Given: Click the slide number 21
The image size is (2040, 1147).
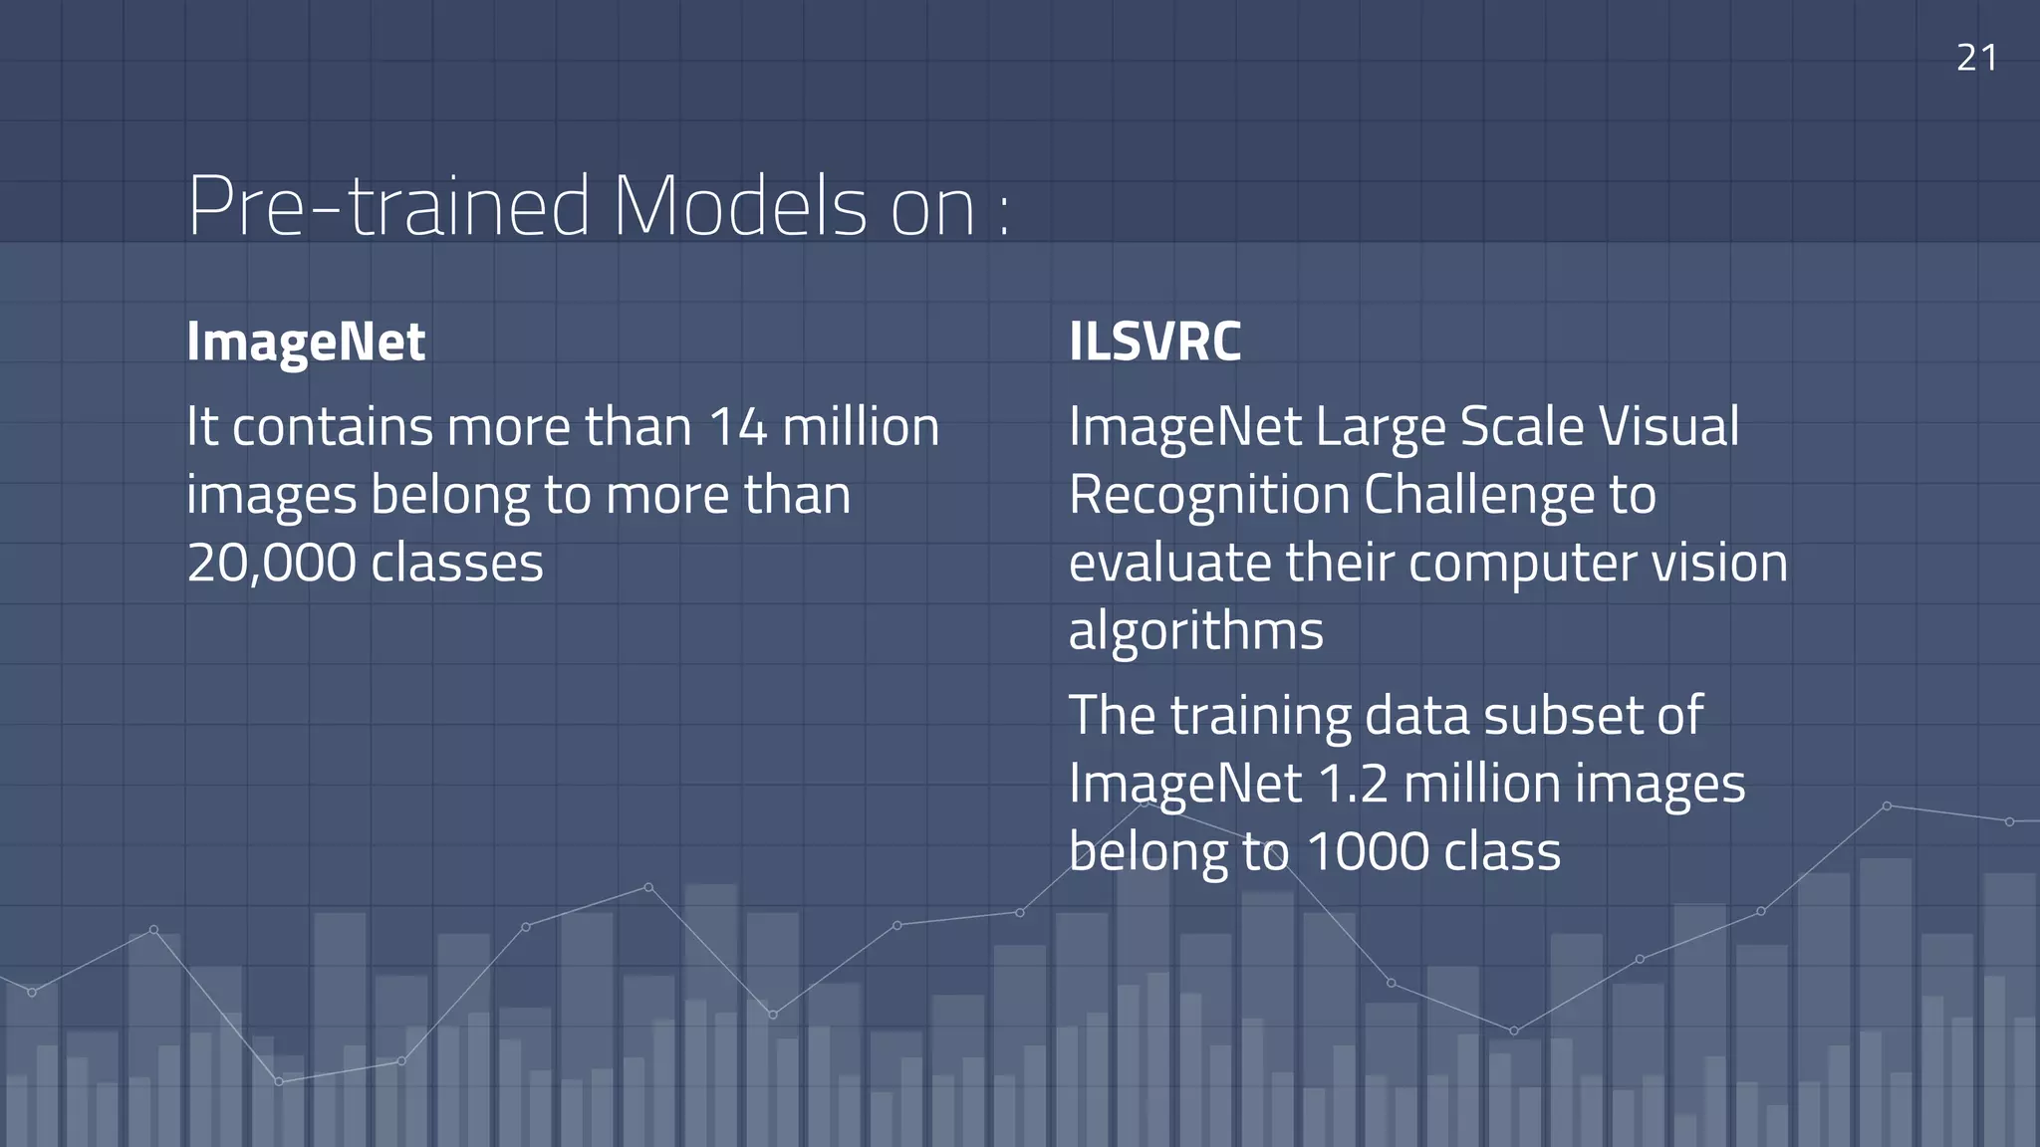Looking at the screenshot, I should click(x=1976, y=58).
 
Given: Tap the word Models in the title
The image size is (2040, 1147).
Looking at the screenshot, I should click(x=739, y=206).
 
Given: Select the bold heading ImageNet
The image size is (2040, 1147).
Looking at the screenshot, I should click(x=306, y=343).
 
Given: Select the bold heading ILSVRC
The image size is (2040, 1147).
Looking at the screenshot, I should click(x=1154, y=342).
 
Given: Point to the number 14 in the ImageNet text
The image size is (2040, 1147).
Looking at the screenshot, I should click(x=737, y=427).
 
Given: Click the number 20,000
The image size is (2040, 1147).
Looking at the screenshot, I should click(x=271, y=564).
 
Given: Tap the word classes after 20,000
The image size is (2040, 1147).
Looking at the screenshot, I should click(x=457, y=564).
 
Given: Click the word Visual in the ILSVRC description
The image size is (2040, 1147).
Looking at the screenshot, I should click(x=1668, y=427).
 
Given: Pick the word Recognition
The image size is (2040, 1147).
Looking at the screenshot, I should click(x=1208, y=496).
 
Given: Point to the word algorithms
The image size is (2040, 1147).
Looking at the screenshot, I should click(x=1195, y=632).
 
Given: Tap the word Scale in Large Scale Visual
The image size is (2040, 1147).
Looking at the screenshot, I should click(x=1522, y=427).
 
